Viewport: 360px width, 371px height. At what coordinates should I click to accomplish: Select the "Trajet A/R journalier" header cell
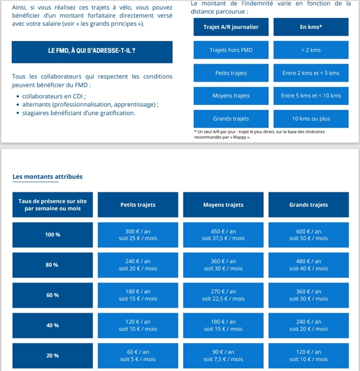point(231,27)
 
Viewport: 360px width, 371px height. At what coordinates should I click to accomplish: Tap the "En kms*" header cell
point(311,27)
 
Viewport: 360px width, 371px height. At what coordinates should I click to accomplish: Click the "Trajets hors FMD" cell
point(231,50)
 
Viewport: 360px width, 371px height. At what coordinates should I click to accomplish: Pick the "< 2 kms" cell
point(311,50)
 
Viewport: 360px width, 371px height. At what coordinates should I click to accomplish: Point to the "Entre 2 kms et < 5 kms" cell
point(311,73)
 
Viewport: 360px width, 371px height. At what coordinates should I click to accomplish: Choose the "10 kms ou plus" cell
point(311,119)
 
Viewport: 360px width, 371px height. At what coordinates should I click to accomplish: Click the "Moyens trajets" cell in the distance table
point(231,96)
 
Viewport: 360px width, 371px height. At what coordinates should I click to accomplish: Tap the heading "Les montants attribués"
point(48,177)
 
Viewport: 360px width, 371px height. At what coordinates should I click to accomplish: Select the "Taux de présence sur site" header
point(52,205)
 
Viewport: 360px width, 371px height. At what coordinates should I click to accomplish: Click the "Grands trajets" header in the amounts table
point(308,205)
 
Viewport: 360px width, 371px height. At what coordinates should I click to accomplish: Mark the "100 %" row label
point(52,235)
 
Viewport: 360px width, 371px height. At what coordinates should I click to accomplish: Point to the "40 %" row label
point(52,326)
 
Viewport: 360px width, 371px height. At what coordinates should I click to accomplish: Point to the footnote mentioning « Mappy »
point(259,134)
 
